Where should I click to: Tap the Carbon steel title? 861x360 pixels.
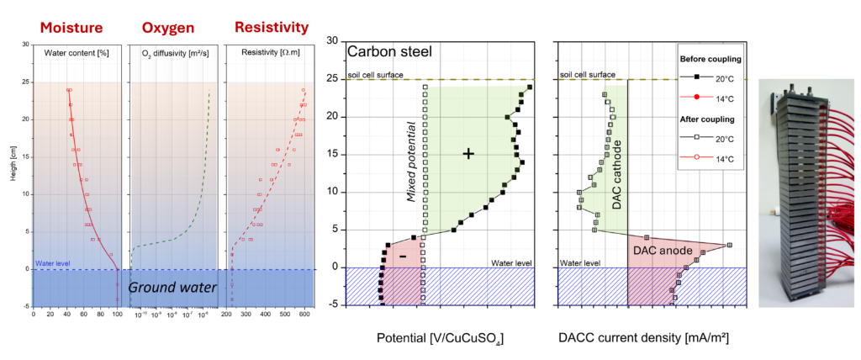point(390,51)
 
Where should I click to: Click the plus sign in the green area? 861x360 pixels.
point(469,153)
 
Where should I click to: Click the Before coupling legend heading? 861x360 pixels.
point(708,59)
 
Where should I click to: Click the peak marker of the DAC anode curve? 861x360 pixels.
point(729,245)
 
